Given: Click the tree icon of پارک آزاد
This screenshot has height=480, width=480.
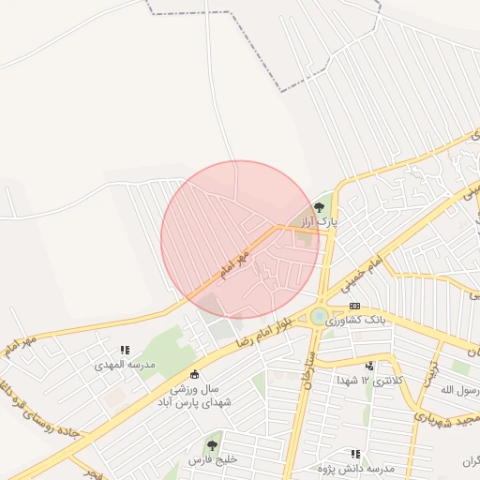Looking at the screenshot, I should pyautogui.click(x=320, y=207).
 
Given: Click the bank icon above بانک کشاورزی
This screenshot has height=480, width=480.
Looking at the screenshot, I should pyautogui.click(x=354, y=306).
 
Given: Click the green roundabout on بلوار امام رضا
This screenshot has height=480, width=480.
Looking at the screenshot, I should pyautogui.click(x=320, y=317).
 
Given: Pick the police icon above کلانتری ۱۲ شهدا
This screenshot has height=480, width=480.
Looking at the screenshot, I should pyautogui.click(x=369, y=366).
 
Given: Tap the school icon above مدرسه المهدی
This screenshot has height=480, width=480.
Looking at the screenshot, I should pyautogui.click(x=125, y=350).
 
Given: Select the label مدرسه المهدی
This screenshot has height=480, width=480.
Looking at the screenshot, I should pyautogui.click(x=125, y=364).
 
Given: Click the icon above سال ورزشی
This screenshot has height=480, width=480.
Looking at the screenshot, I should pyautogui.click(x=195, y=375).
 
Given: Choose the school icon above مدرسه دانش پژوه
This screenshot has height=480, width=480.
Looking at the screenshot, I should pyautogui.click(x=354, y=454).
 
